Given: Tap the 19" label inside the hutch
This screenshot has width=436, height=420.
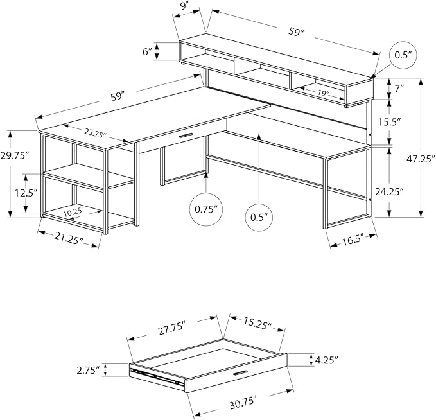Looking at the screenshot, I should [x=322, y=93].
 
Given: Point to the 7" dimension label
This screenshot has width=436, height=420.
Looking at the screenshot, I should [x=399, y=90].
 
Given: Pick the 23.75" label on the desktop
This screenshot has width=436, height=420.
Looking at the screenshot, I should [x=94, y=133].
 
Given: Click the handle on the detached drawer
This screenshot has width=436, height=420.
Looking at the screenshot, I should [x=241, y=374].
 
